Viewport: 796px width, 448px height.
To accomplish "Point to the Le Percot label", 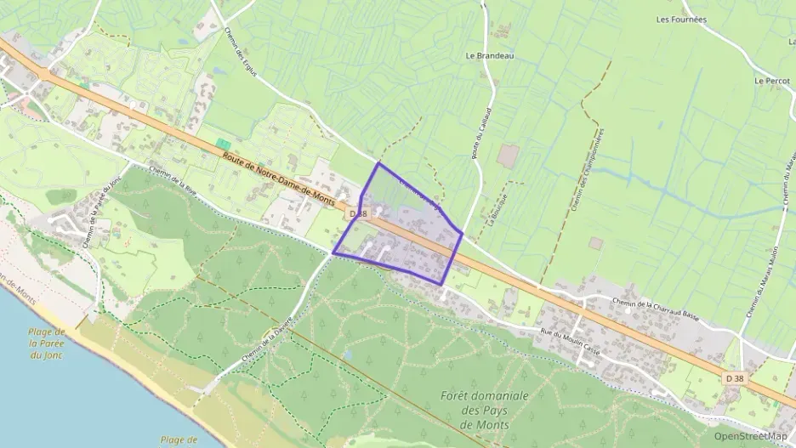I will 772,81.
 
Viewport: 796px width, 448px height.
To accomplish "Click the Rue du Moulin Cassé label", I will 578,332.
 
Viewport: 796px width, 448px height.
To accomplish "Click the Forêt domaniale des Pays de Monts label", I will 485,410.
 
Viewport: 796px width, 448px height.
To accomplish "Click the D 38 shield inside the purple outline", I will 357,214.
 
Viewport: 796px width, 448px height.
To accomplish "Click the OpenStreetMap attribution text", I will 750,436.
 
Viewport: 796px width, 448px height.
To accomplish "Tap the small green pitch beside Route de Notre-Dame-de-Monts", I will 223,144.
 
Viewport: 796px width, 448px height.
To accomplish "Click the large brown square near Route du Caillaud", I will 508,156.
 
